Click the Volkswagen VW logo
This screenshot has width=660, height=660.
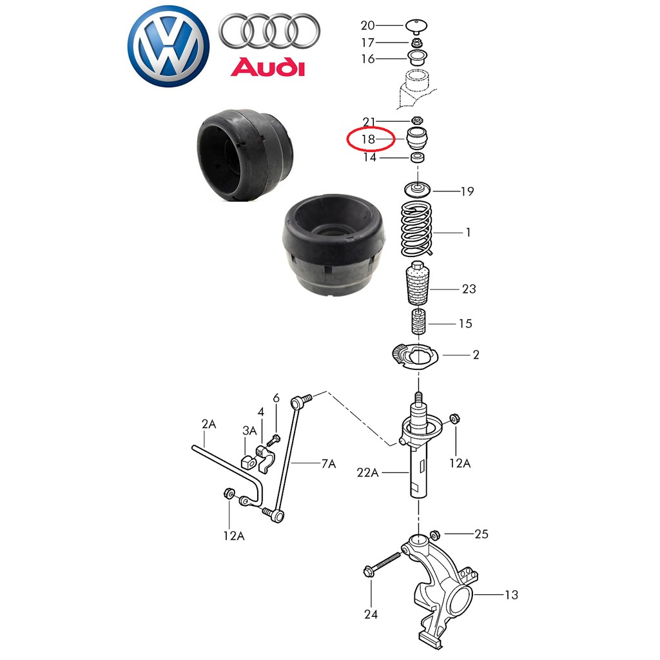[x=168, y=46]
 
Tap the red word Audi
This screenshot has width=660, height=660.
[x=267, y=66]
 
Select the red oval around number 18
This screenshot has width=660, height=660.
[x=371, y=139]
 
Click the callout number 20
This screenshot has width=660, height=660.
[x=368, y=26]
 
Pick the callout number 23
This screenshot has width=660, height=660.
[x=469, y=289]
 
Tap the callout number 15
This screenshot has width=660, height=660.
[x=465, y=324]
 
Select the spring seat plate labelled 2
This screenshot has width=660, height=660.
[x=416, y=356]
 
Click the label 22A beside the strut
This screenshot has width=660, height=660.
[x=367, y=472]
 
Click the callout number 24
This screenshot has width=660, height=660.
[x=371, y=614]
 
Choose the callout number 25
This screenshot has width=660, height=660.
[x=481, y=534]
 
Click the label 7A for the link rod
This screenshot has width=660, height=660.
[x=329, y=463]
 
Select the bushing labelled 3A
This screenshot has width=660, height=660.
[x=248, y=461]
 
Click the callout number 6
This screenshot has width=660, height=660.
[x=276, y=398]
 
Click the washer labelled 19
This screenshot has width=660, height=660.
[x=416, y=189]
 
